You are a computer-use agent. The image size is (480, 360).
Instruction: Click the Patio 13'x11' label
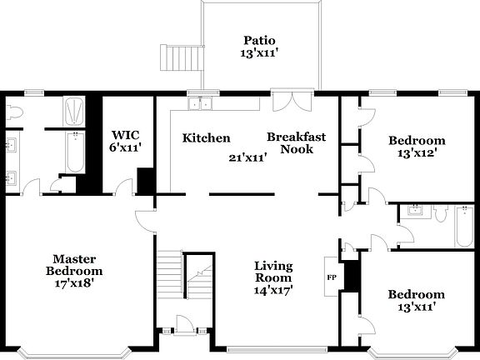pos(259,47)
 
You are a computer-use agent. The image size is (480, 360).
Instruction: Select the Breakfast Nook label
pos(296,143)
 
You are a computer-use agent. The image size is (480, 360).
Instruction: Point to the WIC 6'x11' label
pos(125,141)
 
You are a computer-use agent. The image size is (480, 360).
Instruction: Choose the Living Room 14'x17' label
pos(273,277)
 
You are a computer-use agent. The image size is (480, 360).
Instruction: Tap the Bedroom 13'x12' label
pos(417,147)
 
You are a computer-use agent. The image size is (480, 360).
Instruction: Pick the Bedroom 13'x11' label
pos(416,300)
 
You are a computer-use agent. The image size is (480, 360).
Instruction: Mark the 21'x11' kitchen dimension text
pos(247,157)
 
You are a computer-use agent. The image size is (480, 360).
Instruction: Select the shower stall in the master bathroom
pos(74,112)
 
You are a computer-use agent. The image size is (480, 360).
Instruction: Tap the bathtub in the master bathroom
pos(75,154)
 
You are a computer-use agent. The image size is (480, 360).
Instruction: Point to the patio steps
pos(179,57)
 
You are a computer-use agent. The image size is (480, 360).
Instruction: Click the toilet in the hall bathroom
pos(438,214)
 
